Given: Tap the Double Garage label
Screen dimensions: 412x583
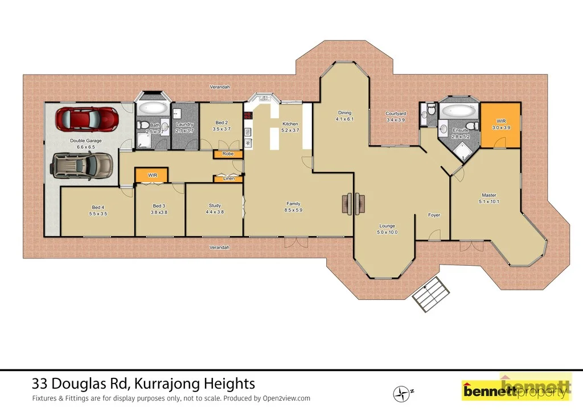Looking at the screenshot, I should [85, 141].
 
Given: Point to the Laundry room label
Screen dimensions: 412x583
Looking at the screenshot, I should [184, 124].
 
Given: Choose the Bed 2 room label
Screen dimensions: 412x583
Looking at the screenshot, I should [221, 122].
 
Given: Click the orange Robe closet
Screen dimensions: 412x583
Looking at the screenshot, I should [228, 154].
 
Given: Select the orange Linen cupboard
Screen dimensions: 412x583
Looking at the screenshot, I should [228, 179].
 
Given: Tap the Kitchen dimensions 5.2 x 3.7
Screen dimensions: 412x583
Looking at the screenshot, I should [290, 130].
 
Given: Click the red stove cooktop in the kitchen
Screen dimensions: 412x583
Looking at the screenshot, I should [248, 116].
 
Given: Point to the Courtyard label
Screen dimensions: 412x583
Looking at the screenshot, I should [395, 113].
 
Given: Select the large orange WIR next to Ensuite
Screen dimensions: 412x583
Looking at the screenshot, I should [500, 125].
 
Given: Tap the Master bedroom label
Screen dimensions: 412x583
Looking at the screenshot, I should [489, 195].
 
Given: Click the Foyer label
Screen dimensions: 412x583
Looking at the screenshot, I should [434, 215].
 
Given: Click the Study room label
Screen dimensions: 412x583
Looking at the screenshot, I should [215, 205].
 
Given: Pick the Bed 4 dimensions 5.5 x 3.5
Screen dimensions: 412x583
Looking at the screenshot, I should [98, 213].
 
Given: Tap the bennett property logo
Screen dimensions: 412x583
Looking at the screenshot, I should [515, 389].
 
